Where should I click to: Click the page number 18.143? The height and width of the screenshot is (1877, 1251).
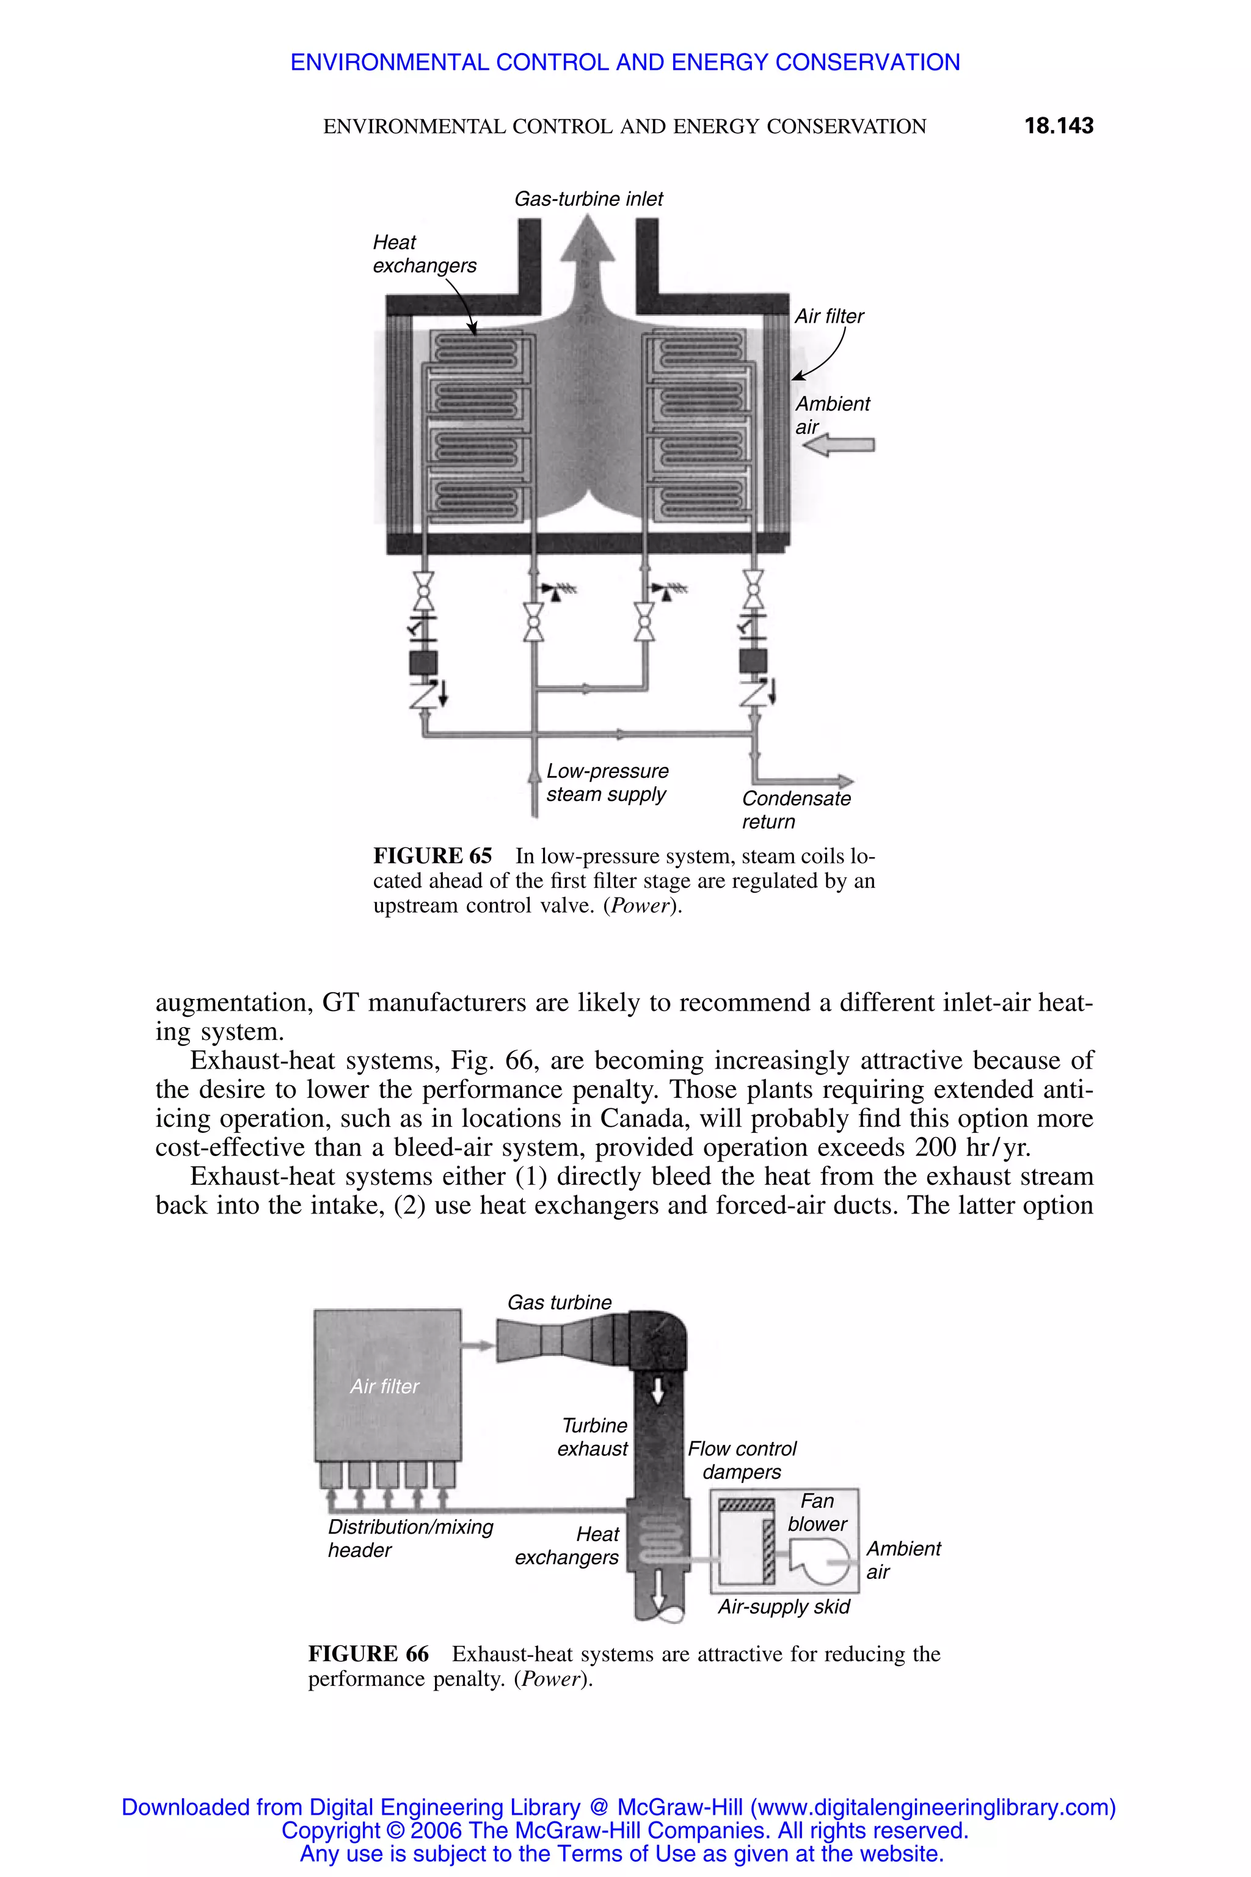[x=1058, y=125]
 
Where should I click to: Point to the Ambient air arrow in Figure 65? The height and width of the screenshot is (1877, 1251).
[x=839, y=445]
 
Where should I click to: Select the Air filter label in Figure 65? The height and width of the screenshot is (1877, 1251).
[x=829, y=316]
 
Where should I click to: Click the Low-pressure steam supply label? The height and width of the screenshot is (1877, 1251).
[x=607, y=782]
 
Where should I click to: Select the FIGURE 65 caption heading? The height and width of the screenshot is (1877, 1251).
[x=432, y=856]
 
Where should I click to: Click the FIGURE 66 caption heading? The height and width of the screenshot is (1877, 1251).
[x=368, y=1653]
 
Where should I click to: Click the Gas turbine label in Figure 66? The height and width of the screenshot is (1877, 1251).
[x=560, y=1303]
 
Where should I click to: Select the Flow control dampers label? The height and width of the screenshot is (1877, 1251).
[x=742, y=1460]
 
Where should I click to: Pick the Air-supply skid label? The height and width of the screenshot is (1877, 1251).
[x=784, y=1606]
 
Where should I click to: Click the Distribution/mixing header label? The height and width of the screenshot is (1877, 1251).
[x=410, y=1538]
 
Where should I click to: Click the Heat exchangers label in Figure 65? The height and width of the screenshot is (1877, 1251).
[x=424, y=254]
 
